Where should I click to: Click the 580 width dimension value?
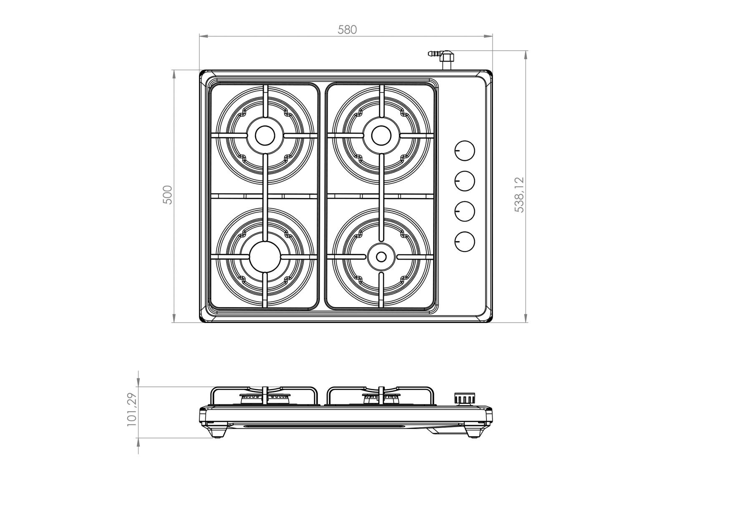pyautogui.click(x=347, y=30)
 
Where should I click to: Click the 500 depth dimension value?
pyautogui.click(x=167, y=195)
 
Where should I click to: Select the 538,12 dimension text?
pyautogui.click(x=519, y=195)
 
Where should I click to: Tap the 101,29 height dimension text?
pyautogui.click(x=132, y=409)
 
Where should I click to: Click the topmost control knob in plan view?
pyautogui.click(x=464, y=151)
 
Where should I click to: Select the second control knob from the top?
pyautogui.click(x=464, y=181)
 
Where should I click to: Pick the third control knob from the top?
pyautogui.click(x=464, y=211)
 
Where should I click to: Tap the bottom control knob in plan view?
pyautogui.click(x=464, y=242)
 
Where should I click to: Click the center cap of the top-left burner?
pyautogui.click(x=265, y=135)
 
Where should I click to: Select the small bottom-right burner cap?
pyautogui.click(x=381, y=257)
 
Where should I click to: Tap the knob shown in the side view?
pyautogui.click(x=464, y=399)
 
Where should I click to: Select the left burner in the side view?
pyautogui.click(x=265, y=398)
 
